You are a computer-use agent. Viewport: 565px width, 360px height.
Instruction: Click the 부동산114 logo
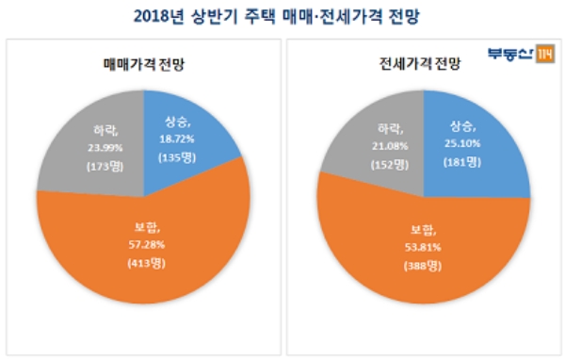[518, 55]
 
